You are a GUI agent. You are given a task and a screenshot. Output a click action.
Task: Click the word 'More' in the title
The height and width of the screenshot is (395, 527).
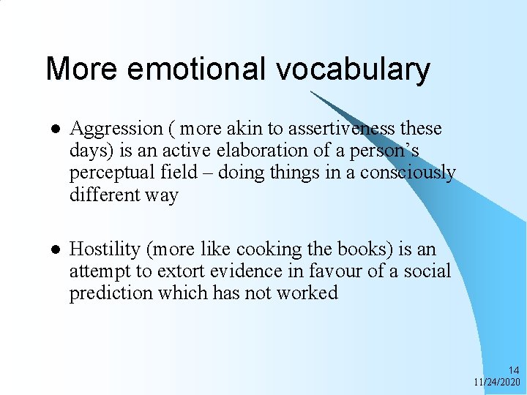coord(81,69)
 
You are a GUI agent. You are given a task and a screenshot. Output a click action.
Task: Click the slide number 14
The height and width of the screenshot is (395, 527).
coord(514,371)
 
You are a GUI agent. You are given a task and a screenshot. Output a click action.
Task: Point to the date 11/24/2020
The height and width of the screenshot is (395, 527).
coord(497,383)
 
